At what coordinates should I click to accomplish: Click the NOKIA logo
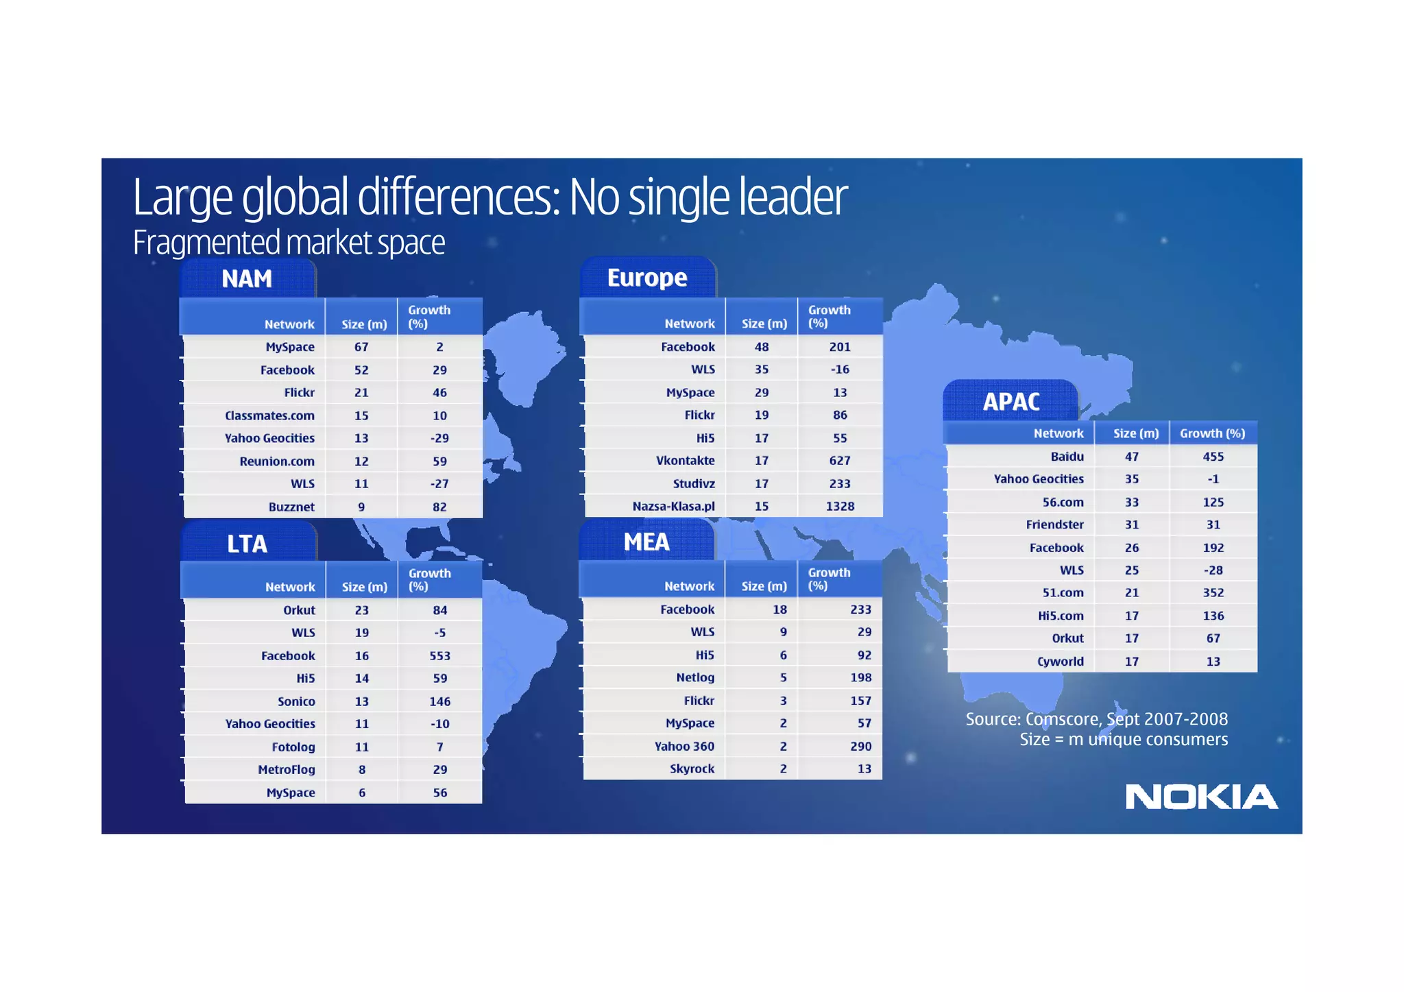tap(1201, 797)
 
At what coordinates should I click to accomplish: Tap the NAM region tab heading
tap(247, 279)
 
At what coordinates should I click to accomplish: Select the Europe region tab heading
tap(646, 278)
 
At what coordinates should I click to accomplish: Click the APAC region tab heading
tap(1011, 402)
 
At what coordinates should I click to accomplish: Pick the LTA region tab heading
tap(247, 544)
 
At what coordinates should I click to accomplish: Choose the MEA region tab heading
tap(646, 542)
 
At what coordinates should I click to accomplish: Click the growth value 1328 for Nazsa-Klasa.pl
tap(840, 506)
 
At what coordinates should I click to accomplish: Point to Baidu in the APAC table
tap(1067, 457)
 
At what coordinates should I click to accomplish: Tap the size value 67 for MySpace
tap(361, 347)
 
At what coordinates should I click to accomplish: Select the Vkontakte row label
tap(685, 461)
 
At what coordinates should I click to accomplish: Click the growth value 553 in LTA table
tap(439, 655)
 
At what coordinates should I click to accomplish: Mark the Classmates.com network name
tap(269, 415)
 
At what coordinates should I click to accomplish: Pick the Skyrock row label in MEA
tap(692, 769)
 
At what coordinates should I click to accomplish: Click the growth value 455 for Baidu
tap(1213, 457)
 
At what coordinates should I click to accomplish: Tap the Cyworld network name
tap(1060, 662)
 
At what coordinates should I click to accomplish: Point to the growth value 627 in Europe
tap(840, 461)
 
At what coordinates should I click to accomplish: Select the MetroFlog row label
tap(286, 769)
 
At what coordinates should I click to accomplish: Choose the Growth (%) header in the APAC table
tap(1212, 433)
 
